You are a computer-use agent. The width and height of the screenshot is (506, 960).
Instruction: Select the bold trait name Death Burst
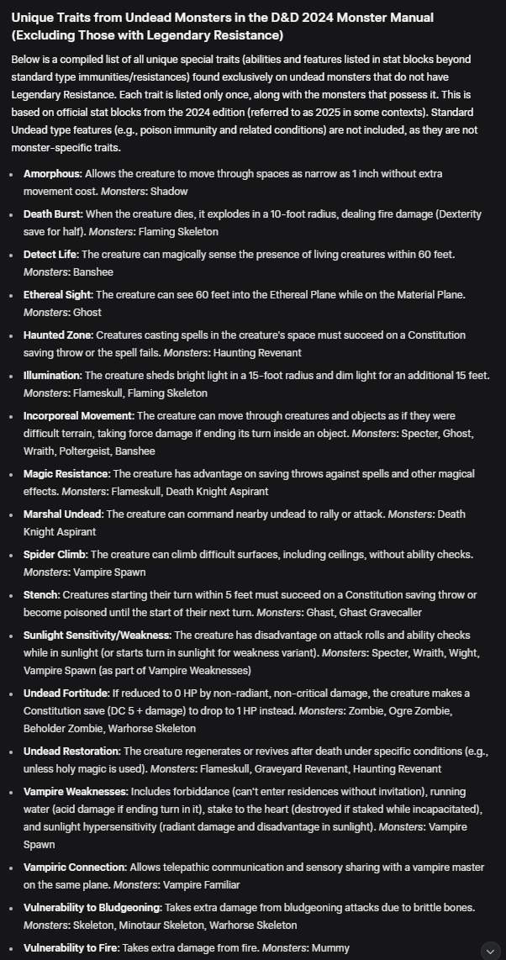[x=53, y=214]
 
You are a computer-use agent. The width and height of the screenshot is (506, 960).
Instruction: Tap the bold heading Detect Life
[x=50, y=254]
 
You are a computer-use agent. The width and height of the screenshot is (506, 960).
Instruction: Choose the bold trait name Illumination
[x=51, y=375]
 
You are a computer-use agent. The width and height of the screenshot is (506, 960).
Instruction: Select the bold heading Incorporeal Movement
[x=78, y=415]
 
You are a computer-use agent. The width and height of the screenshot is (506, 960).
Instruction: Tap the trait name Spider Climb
[x=55, y=554]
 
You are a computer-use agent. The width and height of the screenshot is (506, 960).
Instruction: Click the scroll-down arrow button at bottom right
[x=490, y=950]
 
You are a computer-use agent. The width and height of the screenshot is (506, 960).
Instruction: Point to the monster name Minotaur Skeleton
[x=166, y=925]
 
